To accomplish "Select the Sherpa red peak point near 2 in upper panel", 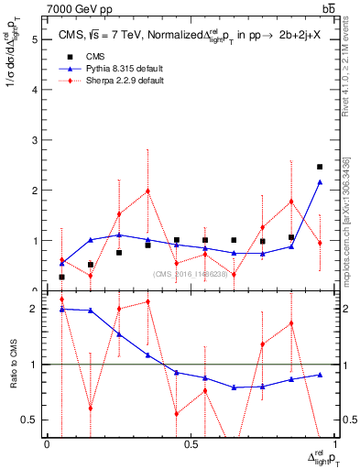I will pyautogui.click(x=147, y=191).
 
